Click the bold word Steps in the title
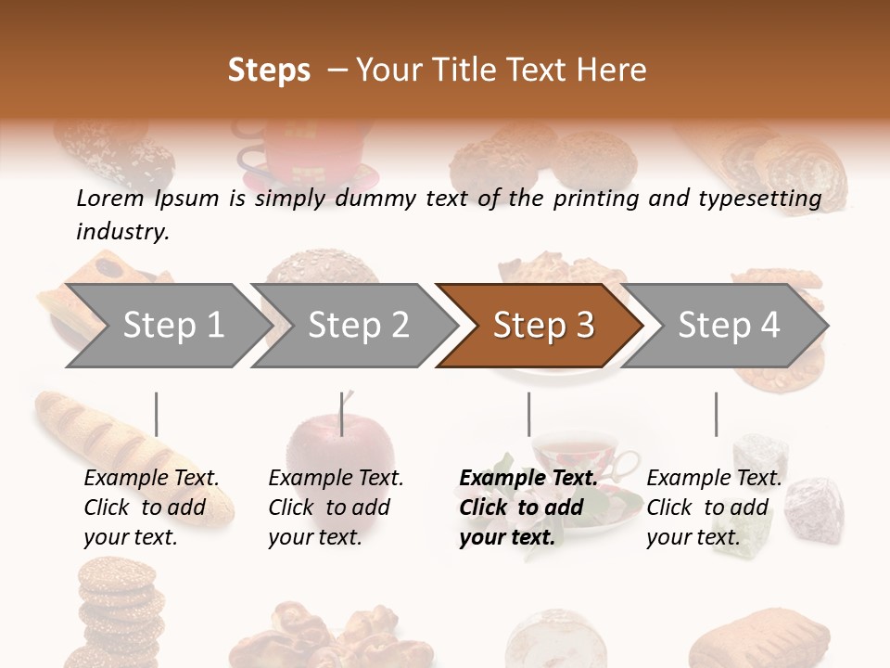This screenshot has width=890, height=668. [269, 71]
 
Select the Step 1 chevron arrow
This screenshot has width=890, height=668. [167, 326]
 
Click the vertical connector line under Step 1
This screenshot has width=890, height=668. [157, 414]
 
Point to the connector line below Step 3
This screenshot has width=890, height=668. [528, 414]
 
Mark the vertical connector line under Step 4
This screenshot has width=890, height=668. [716, 414]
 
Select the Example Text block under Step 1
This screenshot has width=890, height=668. [151, 507]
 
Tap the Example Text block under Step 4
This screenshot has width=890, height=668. [714, 507]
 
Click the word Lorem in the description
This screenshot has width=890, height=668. [110, 199]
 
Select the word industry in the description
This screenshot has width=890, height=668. [121, 232]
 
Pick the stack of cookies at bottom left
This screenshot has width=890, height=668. [116, 612]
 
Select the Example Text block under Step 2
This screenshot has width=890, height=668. [336, 507]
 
